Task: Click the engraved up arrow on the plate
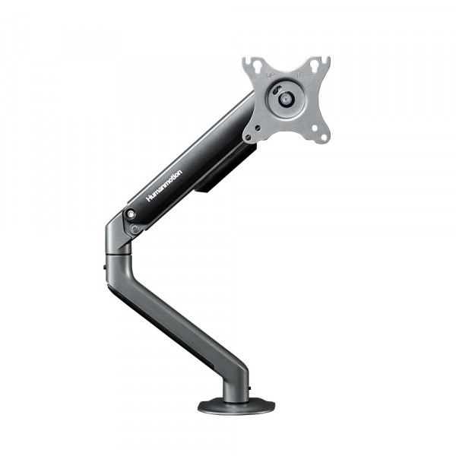pos(298,74)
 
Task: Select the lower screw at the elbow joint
pos(135,230)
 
